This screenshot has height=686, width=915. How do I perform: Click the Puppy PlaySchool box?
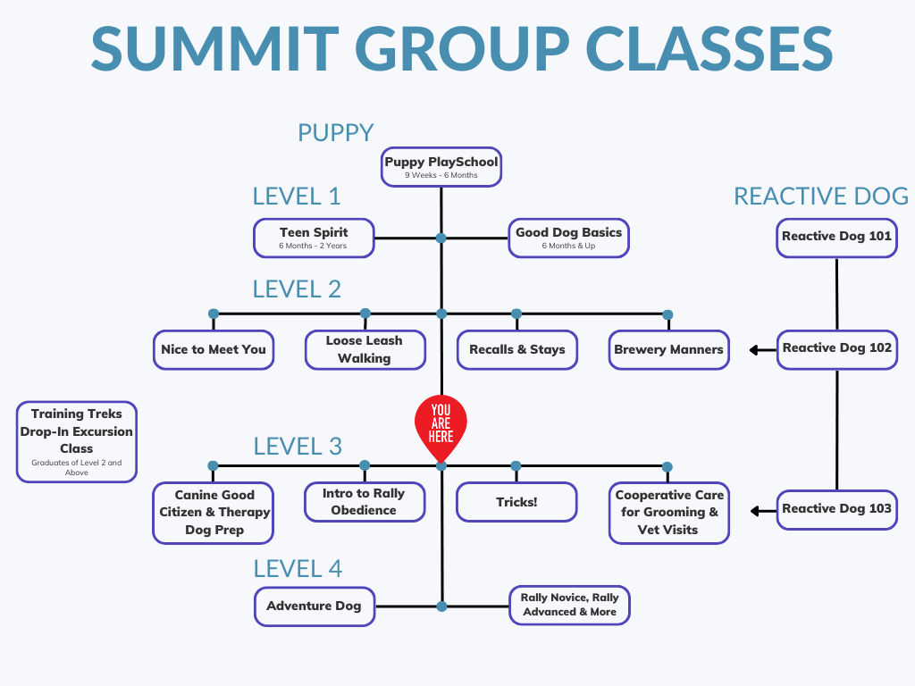441,167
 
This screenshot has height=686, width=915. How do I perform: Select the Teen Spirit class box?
313,238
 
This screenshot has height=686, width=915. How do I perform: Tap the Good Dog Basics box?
568,238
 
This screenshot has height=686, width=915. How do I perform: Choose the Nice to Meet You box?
213,349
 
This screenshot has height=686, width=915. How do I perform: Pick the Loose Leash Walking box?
364,349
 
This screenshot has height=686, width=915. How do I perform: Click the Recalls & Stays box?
516,349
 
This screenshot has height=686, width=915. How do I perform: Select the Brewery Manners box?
668,349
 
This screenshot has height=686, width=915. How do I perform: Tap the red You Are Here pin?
441,423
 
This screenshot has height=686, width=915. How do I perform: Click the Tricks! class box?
516,502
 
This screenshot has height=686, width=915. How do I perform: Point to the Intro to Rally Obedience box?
364,502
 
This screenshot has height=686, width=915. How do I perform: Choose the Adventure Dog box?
314,607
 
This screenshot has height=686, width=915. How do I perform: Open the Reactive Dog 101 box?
836,238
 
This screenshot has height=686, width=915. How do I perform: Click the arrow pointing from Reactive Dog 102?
761,349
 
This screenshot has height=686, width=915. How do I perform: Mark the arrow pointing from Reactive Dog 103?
761,511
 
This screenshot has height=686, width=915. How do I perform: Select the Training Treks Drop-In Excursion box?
77,441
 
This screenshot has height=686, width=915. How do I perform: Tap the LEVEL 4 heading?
298,569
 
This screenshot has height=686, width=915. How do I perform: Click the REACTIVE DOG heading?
820,197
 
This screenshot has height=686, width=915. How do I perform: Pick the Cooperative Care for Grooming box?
669,513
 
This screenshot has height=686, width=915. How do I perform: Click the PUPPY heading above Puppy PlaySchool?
335,133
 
